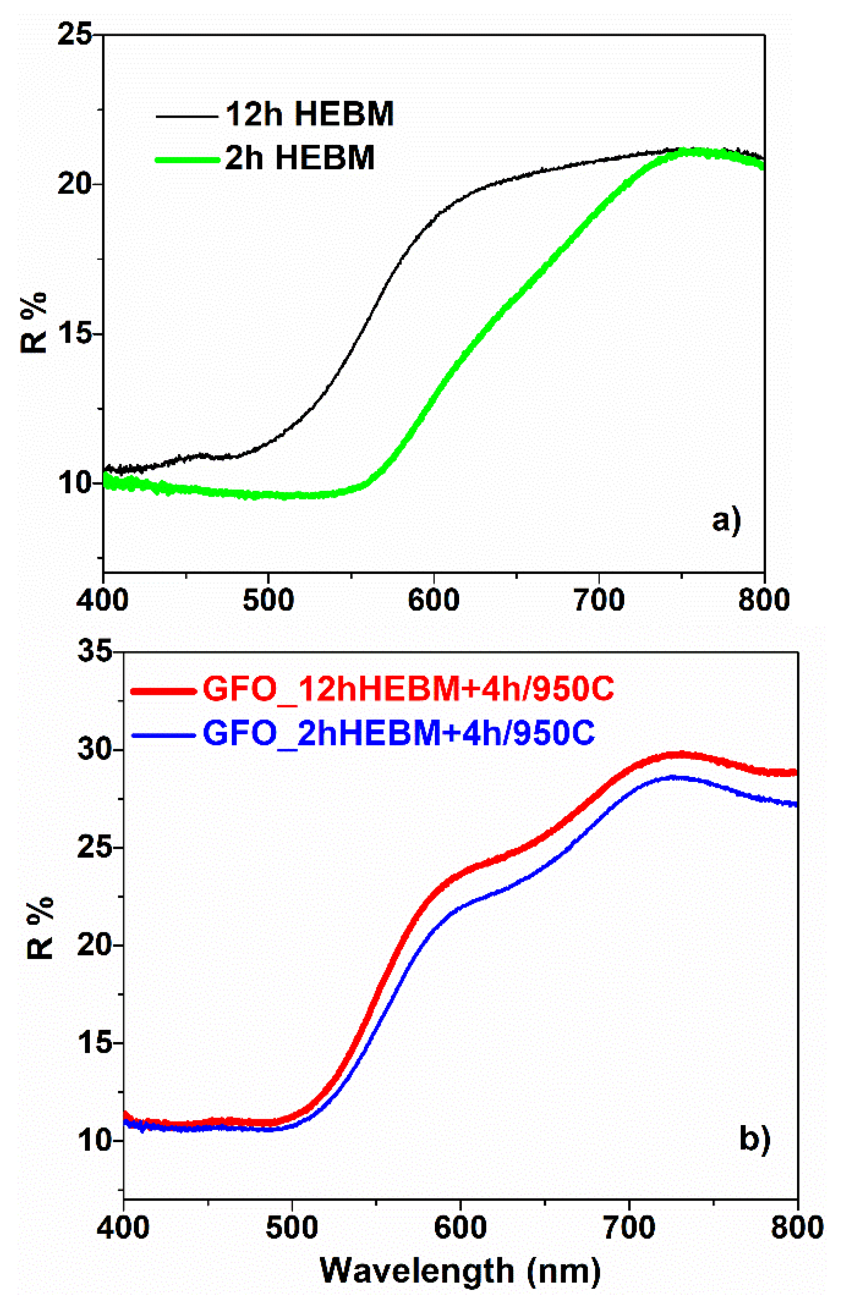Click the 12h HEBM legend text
310,115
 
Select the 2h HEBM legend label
300,158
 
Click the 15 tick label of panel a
75,334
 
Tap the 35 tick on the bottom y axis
95,652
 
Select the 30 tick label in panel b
95,750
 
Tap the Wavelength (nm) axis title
460,1270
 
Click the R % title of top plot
34,323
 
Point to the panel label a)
726,520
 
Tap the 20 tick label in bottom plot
95,945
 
